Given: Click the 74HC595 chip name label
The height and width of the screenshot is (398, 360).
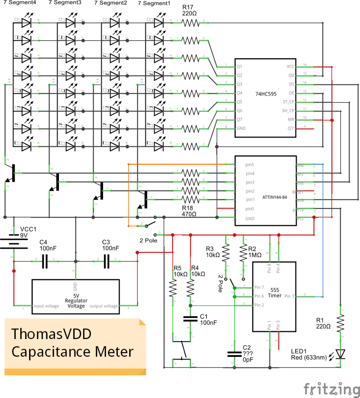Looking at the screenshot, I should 265,94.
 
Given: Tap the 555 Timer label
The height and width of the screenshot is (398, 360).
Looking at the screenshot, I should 275,293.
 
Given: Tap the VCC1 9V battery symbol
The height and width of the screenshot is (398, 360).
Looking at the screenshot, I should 14,244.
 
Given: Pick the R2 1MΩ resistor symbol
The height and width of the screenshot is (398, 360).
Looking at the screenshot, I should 243,253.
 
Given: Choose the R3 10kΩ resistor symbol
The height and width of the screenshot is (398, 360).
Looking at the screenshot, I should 226,253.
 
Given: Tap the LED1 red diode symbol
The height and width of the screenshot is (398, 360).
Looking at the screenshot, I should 341,354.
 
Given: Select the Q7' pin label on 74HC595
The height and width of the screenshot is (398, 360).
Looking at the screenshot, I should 290,129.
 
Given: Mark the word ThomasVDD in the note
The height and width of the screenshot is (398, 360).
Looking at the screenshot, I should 51,334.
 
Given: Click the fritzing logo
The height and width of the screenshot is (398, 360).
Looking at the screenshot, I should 331,388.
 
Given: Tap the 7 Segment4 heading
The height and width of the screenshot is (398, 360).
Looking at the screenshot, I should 17,3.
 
